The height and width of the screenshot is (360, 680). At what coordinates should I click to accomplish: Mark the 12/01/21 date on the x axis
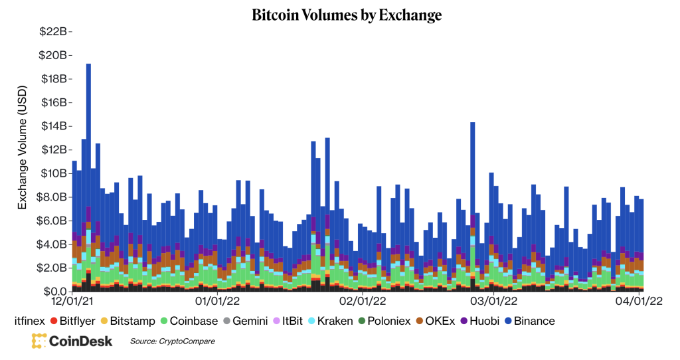72,302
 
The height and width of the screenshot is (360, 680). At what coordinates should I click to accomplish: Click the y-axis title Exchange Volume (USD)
23,147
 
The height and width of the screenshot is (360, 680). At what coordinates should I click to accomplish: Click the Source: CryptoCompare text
173,341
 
